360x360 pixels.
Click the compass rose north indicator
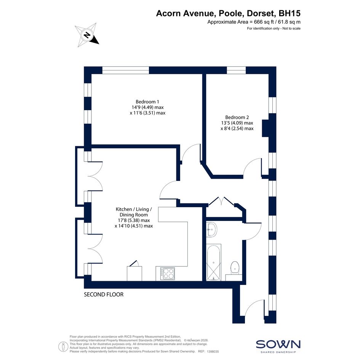point(87,35)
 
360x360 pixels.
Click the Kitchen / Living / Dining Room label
point(134,218)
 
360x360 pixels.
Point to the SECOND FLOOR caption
point(104,294)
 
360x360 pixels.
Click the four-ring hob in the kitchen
point(167,274)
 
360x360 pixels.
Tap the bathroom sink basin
point(211,229)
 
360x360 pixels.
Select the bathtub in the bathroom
point(213,262)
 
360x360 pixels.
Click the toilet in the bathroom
point(235,267)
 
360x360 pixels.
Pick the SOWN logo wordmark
point(278,344)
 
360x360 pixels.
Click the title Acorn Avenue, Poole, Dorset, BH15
point(228,13)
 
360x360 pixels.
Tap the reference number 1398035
point(213,352)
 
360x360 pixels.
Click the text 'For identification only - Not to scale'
point(274,29)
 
